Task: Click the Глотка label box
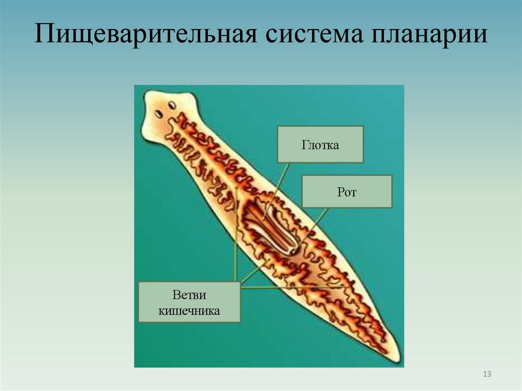[x=320, y=145]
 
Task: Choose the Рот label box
[x=347, y=192]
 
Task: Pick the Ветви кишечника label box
[x=189, y=302]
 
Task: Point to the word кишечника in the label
[x=189, y=310]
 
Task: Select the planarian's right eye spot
[x=172, y=106]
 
